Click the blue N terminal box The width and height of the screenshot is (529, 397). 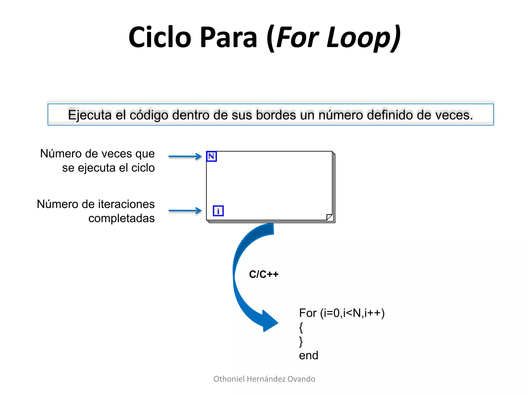coord(211,156)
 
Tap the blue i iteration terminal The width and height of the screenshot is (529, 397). coord(218,211)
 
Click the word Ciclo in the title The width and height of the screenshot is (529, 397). coord(160,37)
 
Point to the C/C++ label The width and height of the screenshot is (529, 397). coord(263,274)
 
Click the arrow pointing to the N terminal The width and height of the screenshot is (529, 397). coord(185,156)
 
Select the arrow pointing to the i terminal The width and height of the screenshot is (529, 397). coord(185,211)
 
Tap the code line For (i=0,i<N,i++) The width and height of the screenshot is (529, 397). coord(341,313)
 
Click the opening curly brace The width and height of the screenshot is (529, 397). coord(301,327)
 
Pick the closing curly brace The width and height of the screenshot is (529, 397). coord(301,341)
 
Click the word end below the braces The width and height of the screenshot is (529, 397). coord(308,356)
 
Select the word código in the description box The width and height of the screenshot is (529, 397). coord(149,115)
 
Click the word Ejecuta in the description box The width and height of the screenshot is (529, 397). coord(90,115)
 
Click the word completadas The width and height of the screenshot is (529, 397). coord(121,218)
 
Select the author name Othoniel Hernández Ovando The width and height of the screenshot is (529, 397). coord(264,379)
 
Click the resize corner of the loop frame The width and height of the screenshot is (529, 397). coord(329,217)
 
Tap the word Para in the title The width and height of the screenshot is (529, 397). coord(228,37)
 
